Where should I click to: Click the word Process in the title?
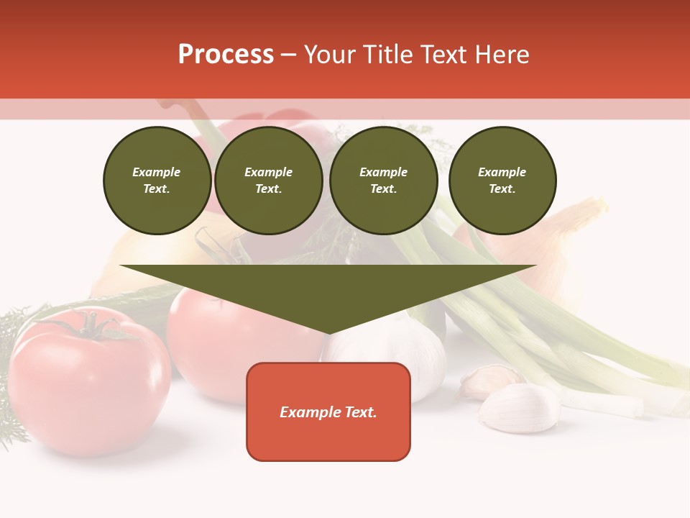(x=226, y=55)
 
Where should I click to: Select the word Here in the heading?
(x=502, y=55)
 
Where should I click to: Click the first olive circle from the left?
(x=157, y=180)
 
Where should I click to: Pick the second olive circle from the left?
(x=269, y=180)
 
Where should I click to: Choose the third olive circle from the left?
(x=384, y=180)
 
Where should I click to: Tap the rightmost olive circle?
(x=502, y=180)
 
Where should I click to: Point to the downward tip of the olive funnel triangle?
(x=328, y=332)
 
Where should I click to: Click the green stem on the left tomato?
(x=90, y=326)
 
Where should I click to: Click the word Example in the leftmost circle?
(x=157, y=172)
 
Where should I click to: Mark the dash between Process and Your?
(x=288, y=55)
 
